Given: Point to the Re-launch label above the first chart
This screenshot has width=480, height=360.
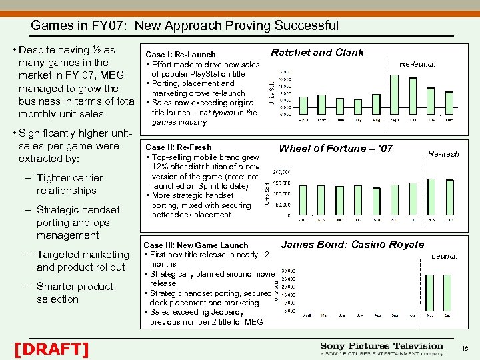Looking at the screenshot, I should tap(417, 64).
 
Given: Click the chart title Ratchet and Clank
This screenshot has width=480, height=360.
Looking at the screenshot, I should tap(317, 53).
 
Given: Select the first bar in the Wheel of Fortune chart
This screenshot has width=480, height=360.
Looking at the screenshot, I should tap(303, 199).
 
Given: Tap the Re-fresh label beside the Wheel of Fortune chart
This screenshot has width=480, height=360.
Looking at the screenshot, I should tap(443, 154).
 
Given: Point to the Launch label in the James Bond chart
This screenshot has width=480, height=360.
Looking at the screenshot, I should tap(445, 255).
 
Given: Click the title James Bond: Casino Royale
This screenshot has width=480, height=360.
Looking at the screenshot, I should tap(352, 245).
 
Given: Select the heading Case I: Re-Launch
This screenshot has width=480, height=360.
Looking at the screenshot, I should tap(181, 55).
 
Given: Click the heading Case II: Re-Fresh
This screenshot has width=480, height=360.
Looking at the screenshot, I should tap(178, 147).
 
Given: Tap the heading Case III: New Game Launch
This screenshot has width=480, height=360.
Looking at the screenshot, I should tap(196, 245).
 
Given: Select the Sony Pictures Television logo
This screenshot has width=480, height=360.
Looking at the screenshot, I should tap(381, 349).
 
